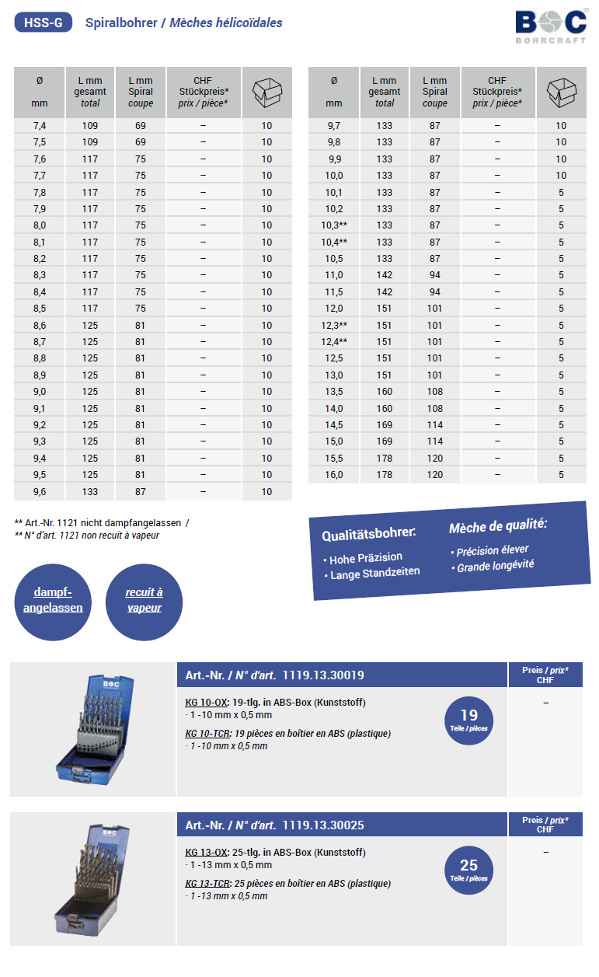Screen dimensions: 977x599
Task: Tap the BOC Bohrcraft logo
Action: tap(550, 26)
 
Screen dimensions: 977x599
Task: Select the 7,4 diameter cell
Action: tap(40, 126)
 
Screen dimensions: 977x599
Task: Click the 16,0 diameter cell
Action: tap(334, 475)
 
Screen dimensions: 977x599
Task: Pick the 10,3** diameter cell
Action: tap(335, 225)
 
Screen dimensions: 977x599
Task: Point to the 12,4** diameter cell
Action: tap(335, 342)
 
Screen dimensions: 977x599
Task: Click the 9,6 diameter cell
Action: tap(40, 492)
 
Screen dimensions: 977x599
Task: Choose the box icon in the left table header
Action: tap(266, 92)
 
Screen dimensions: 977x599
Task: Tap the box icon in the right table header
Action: tap(561, 92)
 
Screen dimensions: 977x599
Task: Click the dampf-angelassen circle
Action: tap(53, 601)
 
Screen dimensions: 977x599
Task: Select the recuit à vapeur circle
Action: tap(144, 601)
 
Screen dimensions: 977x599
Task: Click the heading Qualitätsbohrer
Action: tap(368, 534)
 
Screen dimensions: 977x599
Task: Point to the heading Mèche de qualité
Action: tap(497, 526)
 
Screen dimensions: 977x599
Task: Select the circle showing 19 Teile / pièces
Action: tap(468, 720)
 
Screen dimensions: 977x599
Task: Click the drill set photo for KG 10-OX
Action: tap(93, 728)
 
